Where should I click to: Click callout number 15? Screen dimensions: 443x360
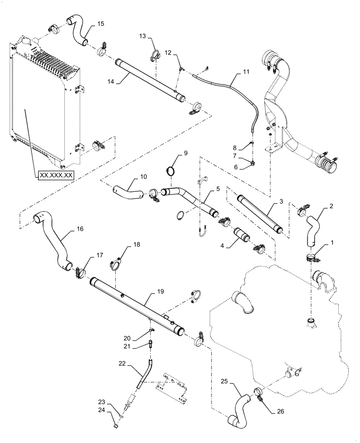tap(101, 23)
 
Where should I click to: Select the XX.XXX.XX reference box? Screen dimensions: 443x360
tap(56, 175)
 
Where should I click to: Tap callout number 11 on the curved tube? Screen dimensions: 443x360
tap(247, 71)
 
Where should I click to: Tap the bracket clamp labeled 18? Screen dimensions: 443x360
tap(116, 264)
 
